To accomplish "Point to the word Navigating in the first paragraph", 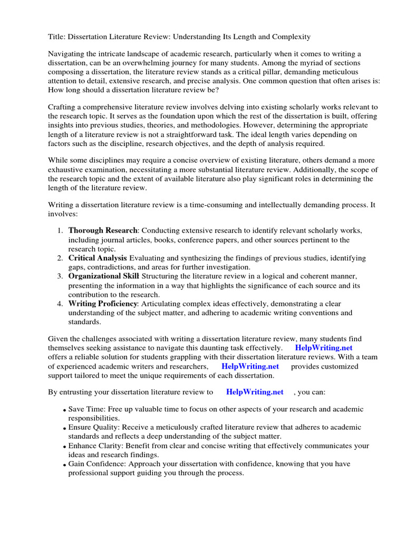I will [68, 54].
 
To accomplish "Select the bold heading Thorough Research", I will [102, 231].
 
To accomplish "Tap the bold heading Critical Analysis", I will [98, 258].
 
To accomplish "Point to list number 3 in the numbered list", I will [60, 276].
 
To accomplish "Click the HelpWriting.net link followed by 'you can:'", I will [255, 392].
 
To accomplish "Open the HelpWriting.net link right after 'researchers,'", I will [250, 366].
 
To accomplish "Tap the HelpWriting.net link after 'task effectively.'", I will [324, 348].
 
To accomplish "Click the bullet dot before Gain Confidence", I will [64, 465].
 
